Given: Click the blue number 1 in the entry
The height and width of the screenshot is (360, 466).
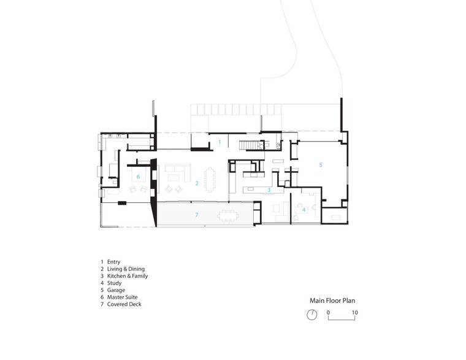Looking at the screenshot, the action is (220, 142).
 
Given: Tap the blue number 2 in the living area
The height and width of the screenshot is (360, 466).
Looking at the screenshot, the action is (197, 183).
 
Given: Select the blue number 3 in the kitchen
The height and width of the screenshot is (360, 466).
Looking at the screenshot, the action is (269, 190).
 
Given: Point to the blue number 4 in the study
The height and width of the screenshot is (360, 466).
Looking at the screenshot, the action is (304, 210).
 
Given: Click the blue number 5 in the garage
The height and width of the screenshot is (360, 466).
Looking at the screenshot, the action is (321, 165).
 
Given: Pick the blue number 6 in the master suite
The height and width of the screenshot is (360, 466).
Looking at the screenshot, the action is (138, 177).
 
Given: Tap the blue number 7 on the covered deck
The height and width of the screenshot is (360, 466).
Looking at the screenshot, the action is (197, 215).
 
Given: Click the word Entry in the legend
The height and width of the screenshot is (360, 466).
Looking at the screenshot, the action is (114, 262).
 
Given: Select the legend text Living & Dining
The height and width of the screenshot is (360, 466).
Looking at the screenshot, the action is (126, 269).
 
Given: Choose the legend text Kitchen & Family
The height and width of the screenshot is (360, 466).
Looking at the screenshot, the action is (128, 276).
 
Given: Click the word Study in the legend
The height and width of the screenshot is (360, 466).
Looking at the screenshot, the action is (115, 283).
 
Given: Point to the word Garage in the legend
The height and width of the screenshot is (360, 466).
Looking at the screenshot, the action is (116, 290).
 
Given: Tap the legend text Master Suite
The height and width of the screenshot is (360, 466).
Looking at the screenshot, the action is (123, 297).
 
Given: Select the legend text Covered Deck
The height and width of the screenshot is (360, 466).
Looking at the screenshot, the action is (124, 304).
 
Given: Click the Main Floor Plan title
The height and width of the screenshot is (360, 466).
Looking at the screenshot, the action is (332, 301).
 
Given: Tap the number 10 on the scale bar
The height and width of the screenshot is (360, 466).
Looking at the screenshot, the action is (355, 312).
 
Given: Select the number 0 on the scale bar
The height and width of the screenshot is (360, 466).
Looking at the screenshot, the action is (328, 312).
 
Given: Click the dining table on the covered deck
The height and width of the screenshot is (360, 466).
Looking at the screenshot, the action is (228, 216).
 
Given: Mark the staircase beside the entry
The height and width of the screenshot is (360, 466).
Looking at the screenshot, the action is (248, 145).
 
